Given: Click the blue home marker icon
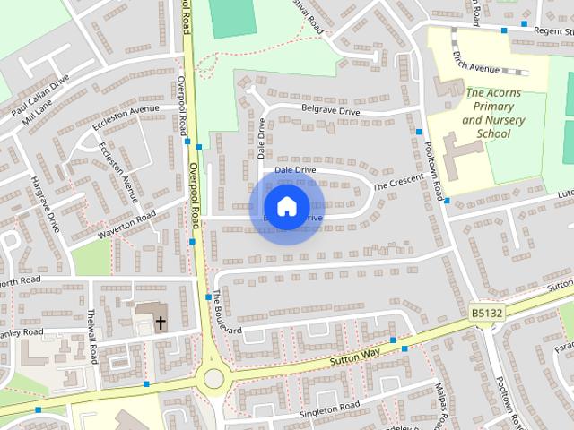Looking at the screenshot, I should [x=286, y=207].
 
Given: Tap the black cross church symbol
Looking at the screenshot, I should [x=161, y=322].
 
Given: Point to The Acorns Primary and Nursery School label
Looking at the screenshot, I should [x=487, y=113].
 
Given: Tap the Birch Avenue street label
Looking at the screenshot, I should [x=476, y=69].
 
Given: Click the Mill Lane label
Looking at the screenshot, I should [x=39, y=117].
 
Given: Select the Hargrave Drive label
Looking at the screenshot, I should [x=45, y=204].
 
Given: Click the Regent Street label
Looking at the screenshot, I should [x=547, y=31].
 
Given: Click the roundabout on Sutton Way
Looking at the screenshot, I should [x=213, y=378].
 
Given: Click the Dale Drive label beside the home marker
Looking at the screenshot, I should [x=295, y=169].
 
